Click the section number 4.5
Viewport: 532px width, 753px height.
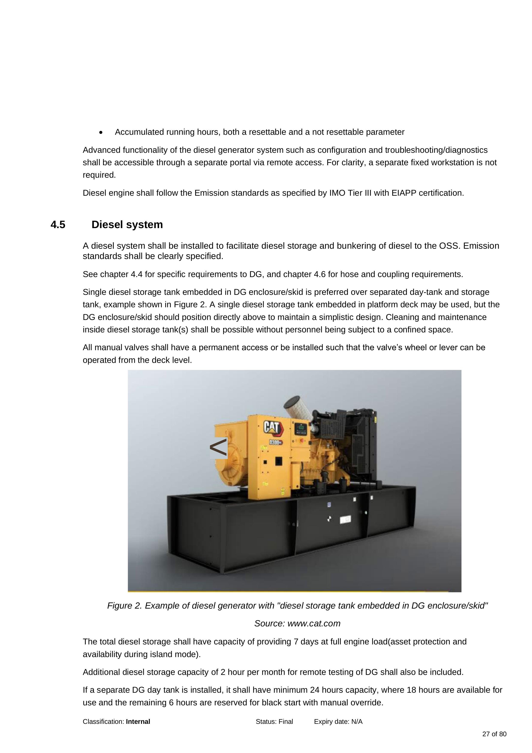point(58,225)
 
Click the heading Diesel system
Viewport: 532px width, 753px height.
point(127,225)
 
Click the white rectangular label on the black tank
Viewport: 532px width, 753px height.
point(345,520)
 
